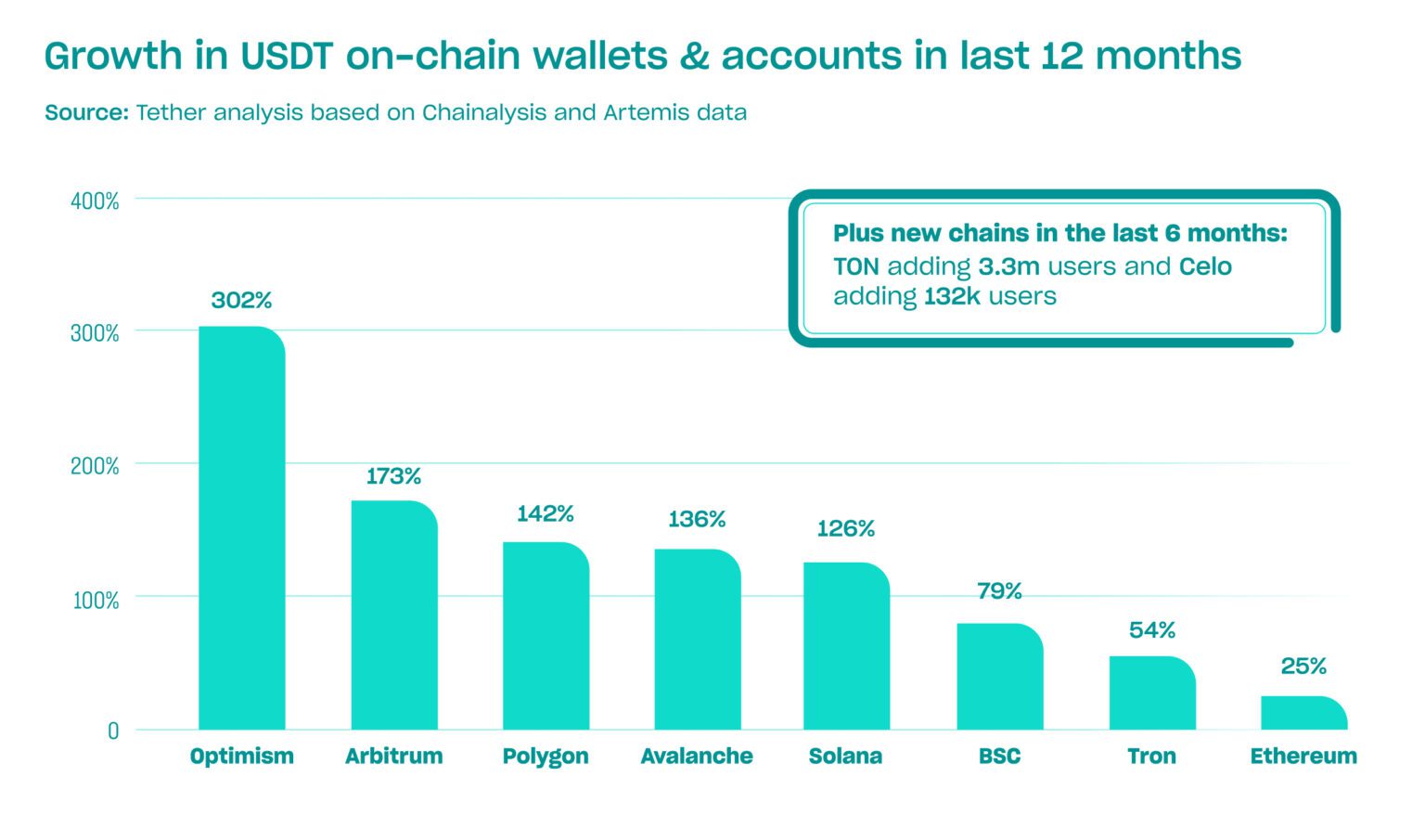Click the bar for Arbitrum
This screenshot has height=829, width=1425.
click(x=393, y=615)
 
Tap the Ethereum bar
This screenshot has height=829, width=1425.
click(x=1303, y=713)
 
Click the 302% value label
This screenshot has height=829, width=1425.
click(x=241, y=301)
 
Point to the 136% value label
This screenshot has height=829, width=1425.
click(x=697, y=519)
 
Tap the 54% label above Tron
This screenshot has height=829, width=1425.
click(x=1151, y=630)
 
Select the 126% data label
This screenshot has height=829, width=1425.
click(x=845, y=529)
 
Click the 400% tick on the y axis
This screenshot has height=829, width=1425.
click(x=95, y=201)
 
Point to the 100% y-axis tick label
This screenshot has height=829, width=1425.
click(x=96, y=601)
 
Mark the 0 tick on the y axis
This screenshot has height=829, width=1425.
click(x=113, y=732)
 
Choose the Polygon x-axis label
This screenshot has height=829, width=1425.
click(x=546, y=757)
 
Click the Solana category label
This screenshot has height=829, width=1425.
click(x=845, y=757)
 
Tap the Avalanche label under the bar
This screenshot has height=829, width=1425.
click(x=697, y=757)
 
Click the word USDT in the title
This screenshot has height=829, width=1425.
click(x=286, y=57)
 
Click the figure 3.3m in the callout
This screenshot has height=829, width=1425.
click(x=1008, y=267)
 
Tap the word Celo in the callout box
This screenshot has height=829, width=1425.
click(x=1205, y=267)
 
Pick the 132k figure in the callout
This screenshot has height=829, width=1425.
click(x=952, y=297)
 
